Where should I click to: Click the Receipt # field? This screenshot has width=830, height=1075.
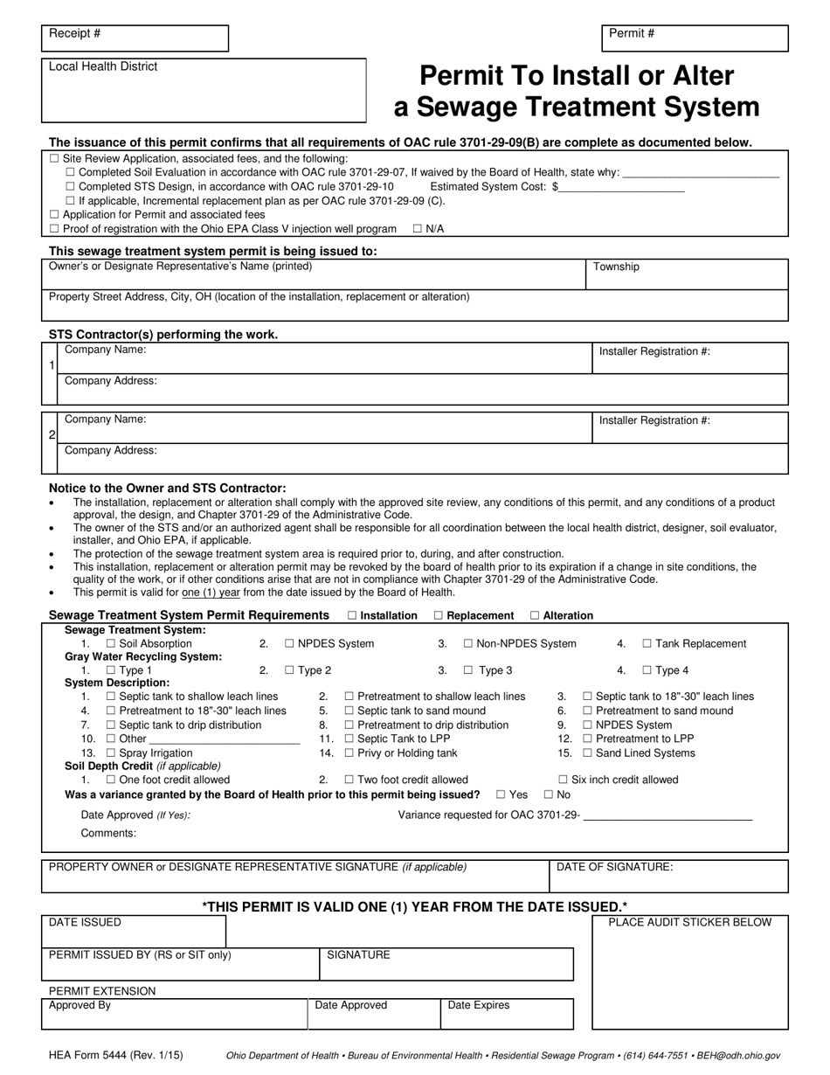coord(135,38)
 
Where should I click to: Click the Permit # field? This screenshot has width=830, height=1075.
coord(695,38)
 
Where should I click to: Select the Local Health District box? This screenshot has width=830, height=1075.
coord(204,91)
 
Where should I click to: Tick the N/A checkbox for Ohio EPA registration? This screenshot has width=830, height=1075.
coord(418,229)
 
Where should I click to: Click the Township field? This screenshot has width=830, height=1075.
coord(686,274)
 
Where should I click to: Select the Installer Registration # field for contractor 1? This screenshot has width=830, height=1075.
coord(690,357)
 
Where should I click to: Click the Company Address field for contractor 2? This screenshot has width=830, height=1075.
coord(423,459)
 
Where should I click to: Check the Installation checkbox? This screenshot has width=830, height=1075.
coord(352,615)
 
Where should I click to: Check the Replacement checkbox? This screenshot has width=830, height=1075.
coord(439,615)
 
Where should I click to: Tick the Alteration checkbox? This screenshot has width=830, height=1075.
coord(535,615)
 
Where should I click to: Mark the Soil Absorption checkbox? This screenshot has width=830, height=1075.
coord(111,644)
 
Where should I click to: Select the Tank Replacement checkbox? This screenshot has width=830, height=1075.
coord(647,644)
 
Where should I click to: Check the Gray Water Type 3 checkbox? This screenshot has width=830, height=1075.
coord(468,670)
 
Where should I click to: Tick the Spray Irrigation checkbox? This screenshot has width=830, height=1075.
coord(111,753)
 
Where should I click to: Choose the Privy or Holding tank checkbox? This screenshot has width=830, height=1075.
coord(349,753)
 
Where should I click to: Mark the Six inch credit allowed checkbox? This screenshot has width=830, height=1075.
coord(564,780)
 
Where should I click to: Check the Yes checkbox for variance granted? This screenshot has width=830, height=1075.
coord(501,795)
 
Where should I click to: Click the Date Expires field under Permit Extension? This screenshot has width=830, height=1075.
coord(507,1015)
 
